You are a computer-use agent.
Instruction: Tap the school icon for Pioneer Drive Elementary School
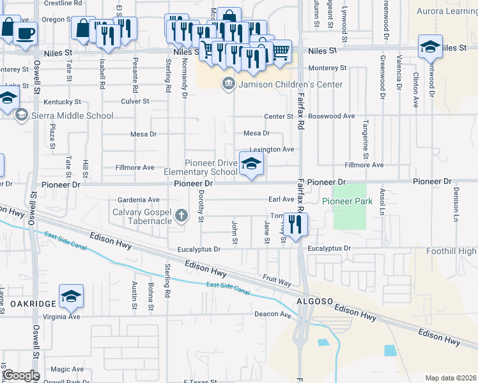point(251,164)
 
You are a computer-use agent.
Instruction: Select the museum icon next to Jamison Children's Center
point(227,84)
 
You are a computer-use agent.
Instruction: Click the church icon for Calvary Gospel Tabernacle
point(182,214)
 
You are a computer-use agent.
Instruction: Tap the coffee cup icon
point(25,33)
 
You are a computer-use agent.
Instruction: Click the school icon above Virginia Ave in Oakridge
point(71,296)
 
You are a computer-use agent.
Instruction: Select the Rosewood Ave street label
point(331,116)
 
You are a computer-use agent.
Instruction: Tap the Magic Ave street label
point(68,369)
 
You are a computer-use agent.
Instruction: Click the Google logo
point(20,375)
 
